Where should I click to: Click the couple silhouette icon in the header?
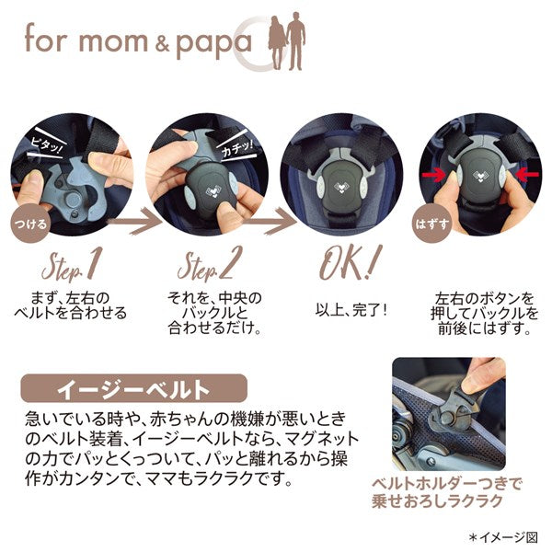(x=286, y=41)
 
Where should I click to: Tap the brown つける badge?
(x=30, y=224)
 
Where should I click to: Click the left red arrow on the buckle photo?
(x=434, y=174)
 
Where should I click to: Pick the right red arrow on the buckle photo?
(x=526, y=174)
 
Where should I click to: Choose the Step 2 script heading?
(x=210, y=264)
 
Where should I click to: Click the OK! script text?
(x=350, y=262)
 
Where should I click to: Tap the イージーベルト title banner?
(x=133, y=388)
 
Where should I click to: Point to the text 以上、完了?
(x=351, y=310)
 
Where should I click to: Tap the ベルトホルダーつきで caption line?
(x=447, y=484)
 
